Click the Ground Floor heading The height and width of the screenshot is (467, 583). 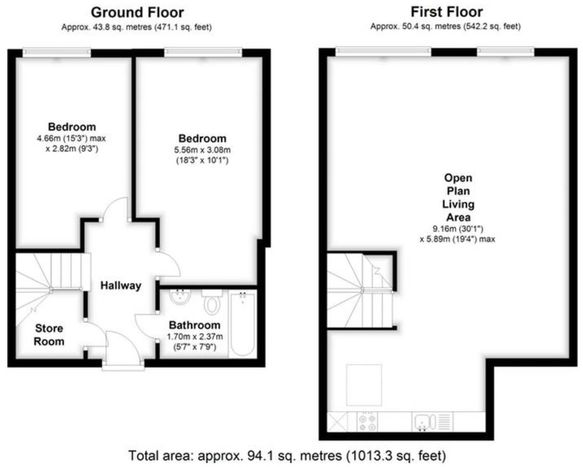[137, 12]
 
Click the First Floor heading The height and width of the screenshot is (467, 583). [446, 12]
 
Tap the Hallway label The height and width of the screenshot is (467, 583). [121, 286]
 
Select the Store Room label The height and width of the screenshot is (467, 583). [50, 334]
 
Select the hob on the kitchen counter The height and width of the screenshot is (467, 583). [368, 421]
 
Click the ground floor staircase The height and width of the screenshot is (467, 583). [50, 273]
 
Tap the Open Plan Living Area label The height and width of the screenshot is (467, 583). [458, 197]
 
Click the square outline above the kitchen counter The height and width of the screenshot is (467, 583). [365, 385]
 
